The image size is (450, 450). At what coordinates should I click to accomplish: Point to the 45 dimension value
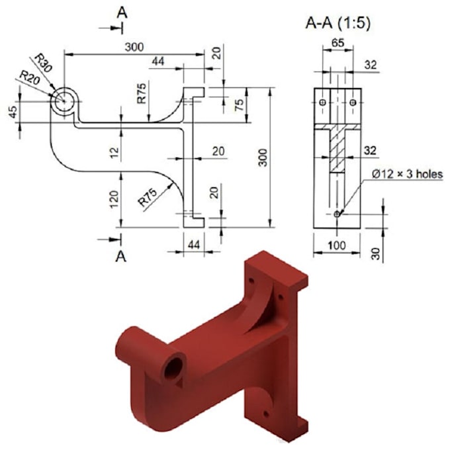pyautogui.click(x=13, y=112)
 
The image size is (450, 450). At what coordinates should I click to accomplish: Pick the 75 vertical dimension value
pyautogui.click(x=241, y=105)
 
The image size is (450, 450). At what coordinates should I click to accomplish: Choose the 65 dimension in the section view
pyautogui.click(x=337, y=44)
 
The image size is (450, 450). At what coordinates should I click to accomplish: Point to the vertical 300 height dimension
pyautogui.click(x=263, y=157)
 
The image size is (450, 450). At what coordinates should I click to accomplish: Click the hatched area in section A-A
pyautogui.click(x=338, y=150)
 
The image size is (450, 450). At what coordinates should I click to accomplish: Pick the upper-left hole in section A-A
pyautogui.click(x=322, y=103)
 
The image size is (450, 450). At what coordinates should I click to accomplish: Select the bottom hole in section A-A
pyautogui.click(x=337, y=214)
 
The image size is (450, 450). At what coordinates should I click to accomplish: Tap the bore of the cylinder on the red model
pyautogui.click(x=175, y=368)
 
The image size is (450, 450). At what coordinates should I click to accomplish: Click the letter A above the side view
pyautogui.click(x=121, y=11)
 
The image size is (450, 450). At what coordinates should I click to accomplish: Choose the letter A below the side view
pyautogui.click(x=121, y=256)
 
